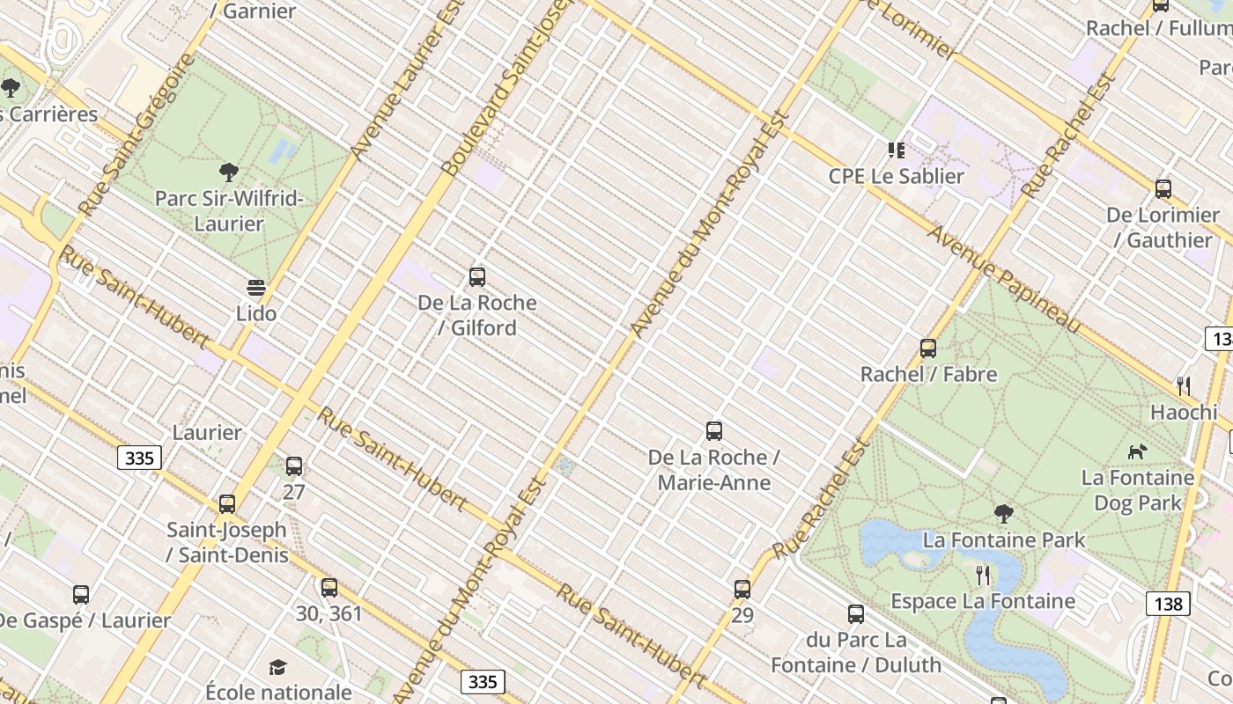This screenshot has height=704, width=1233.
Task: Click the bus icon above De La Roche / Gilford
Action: point(477,277)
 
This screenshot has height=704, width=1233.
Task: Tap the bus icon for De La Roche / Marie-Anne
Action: point(714,431)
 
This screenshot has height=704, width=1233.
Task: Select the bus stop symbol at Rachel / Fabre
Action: point(928,348)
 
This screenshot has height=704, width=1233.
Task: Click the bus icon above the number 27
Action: point(294,466)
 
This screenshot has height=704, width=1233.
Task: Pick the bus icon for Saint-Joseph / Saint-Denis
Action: point(227,503)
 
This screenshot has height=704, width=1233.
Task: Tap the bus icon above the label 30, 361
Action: point(329,587)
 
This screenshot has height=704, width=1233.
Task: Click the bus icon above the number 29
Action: point(742,589)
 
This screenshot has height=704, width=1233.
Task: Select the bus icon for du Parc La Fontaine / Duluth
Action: point(856,613)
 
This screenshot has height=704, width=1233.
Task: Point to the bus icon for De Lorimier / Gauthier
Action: point(1163,188)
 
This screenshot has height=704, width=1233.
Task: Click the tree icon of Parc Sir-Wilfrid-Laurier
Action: point(229,172)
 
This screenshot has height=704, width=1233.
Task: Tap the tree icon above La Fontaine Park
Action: point(1003,513)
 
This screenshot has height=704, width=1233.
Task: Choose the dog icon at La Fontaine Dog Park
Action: point(1138,451)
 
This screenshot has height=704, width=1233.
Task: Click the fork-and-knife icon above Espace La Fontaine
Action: point(983,576)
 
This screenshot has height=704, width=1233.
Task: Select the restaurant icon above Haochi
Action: point(1184,385)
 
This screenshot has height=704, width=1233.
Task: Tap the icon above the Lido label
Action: point(256,288)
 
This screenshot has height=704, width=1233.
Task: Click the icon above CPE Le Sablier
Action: point(897,150)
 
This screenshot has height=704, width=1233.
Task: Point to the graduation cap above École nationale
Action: point(278,667)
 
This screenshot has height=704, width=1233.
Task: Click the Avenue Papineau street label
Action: point(1004,279)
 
